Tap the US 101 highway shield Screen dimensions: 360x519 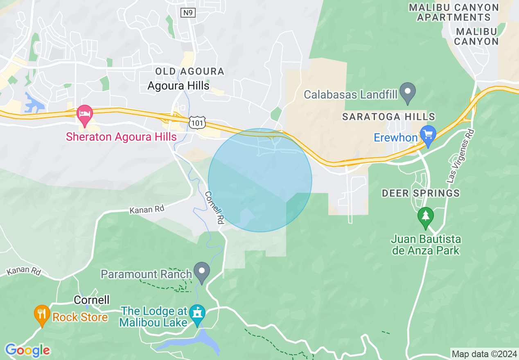tap(197, 122)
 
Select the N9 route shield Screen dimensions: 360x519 tap(187, 13)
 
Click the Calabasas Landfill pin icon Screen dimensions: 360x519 tap(408, 93)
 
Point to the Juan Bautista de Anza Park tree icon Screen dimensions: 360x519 tap(426, 217)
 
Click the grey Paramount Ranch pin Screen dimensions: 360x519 tap(202, 272)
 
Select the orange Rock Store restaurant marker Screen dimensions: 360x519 tap(41, 315)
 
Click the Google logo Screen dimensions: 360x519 tap(27, 350)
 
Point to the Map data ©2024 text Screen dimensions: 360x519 tap(484, 353)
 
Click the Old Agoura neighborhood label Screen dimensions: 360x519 tap(190, 72)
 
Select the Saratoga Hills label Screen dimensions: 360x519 tap(388, 117)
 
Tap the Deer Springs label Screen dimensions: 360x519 tap(421, 193)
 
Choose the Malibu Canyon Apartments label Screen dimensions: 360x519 tap(454, 12)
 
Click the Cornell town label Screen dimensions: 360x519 tap(92, 300)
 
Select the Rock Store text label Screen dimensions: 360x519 tap(80, 317)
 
